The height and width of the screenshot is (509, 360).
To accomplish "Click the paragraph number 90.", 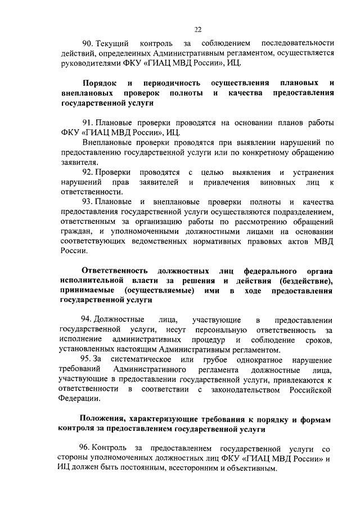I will tap(87, 43).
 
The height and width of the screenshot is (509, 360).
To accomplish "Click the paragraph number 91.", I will tap(87, 123).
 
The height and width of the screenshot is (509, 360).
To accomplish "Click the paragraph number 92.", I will tap(87, 172).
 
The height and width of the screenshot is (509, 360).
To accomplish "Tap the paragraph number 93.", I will tap(87, 202).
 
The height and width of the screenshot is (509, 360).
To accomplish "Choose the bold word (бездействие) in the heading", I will tap(305, 281).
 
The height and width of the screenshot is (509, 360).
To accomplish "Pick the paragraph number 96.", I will tap(87, 448).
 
